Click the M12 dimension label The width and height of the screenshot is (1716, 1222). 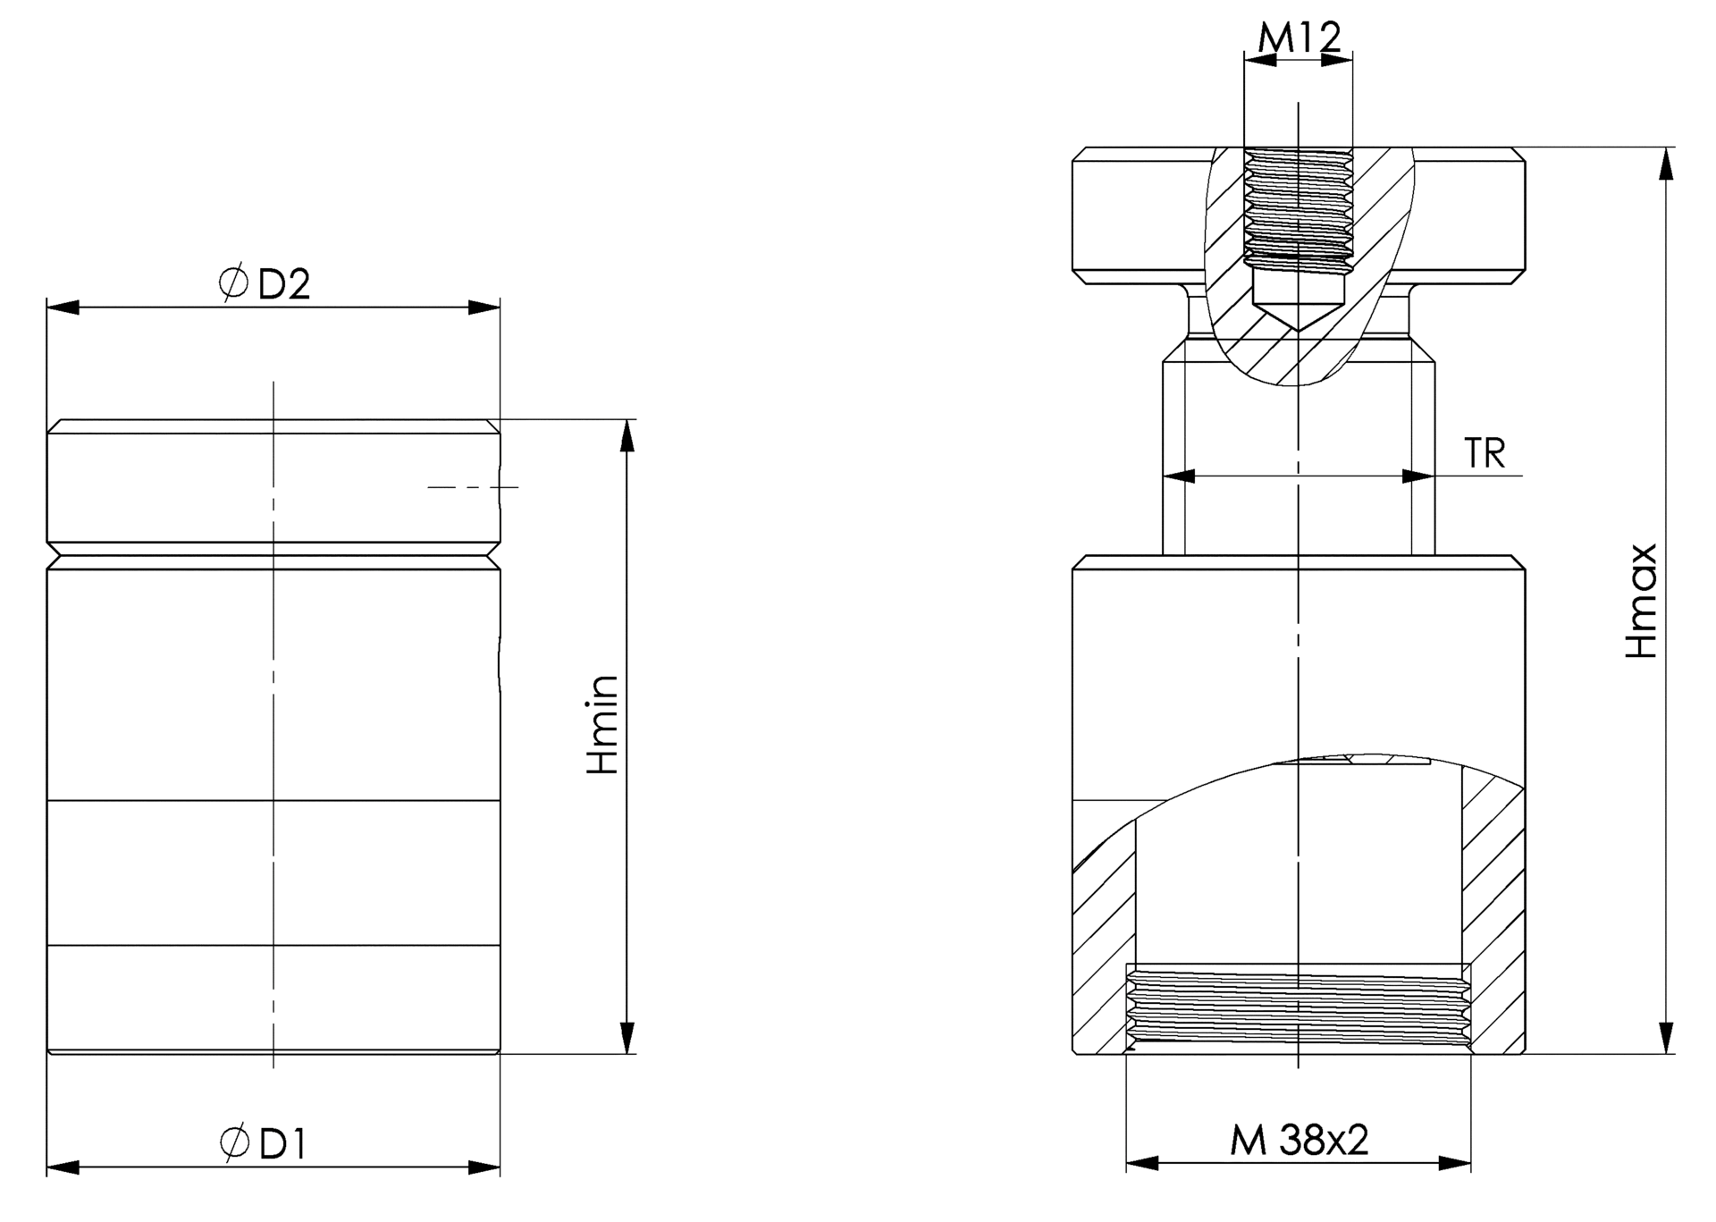1300,38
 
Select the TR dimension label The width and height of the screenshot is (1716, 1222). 1485,454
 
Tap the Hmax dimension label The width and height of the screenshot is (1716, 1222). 1642,601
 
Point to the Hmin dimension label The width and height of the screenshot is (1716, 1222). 602,724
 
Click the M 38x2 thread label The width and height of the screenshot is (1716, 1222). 1300,1140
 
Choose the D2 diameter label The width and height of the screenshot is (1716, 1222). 284,284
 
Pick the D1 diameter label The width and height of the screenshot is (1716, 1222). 282,1144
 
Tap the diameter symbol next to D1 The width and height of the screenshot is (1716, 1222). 234,1143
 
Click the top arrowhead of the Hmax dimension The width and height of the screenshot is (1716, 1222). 1666,164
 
